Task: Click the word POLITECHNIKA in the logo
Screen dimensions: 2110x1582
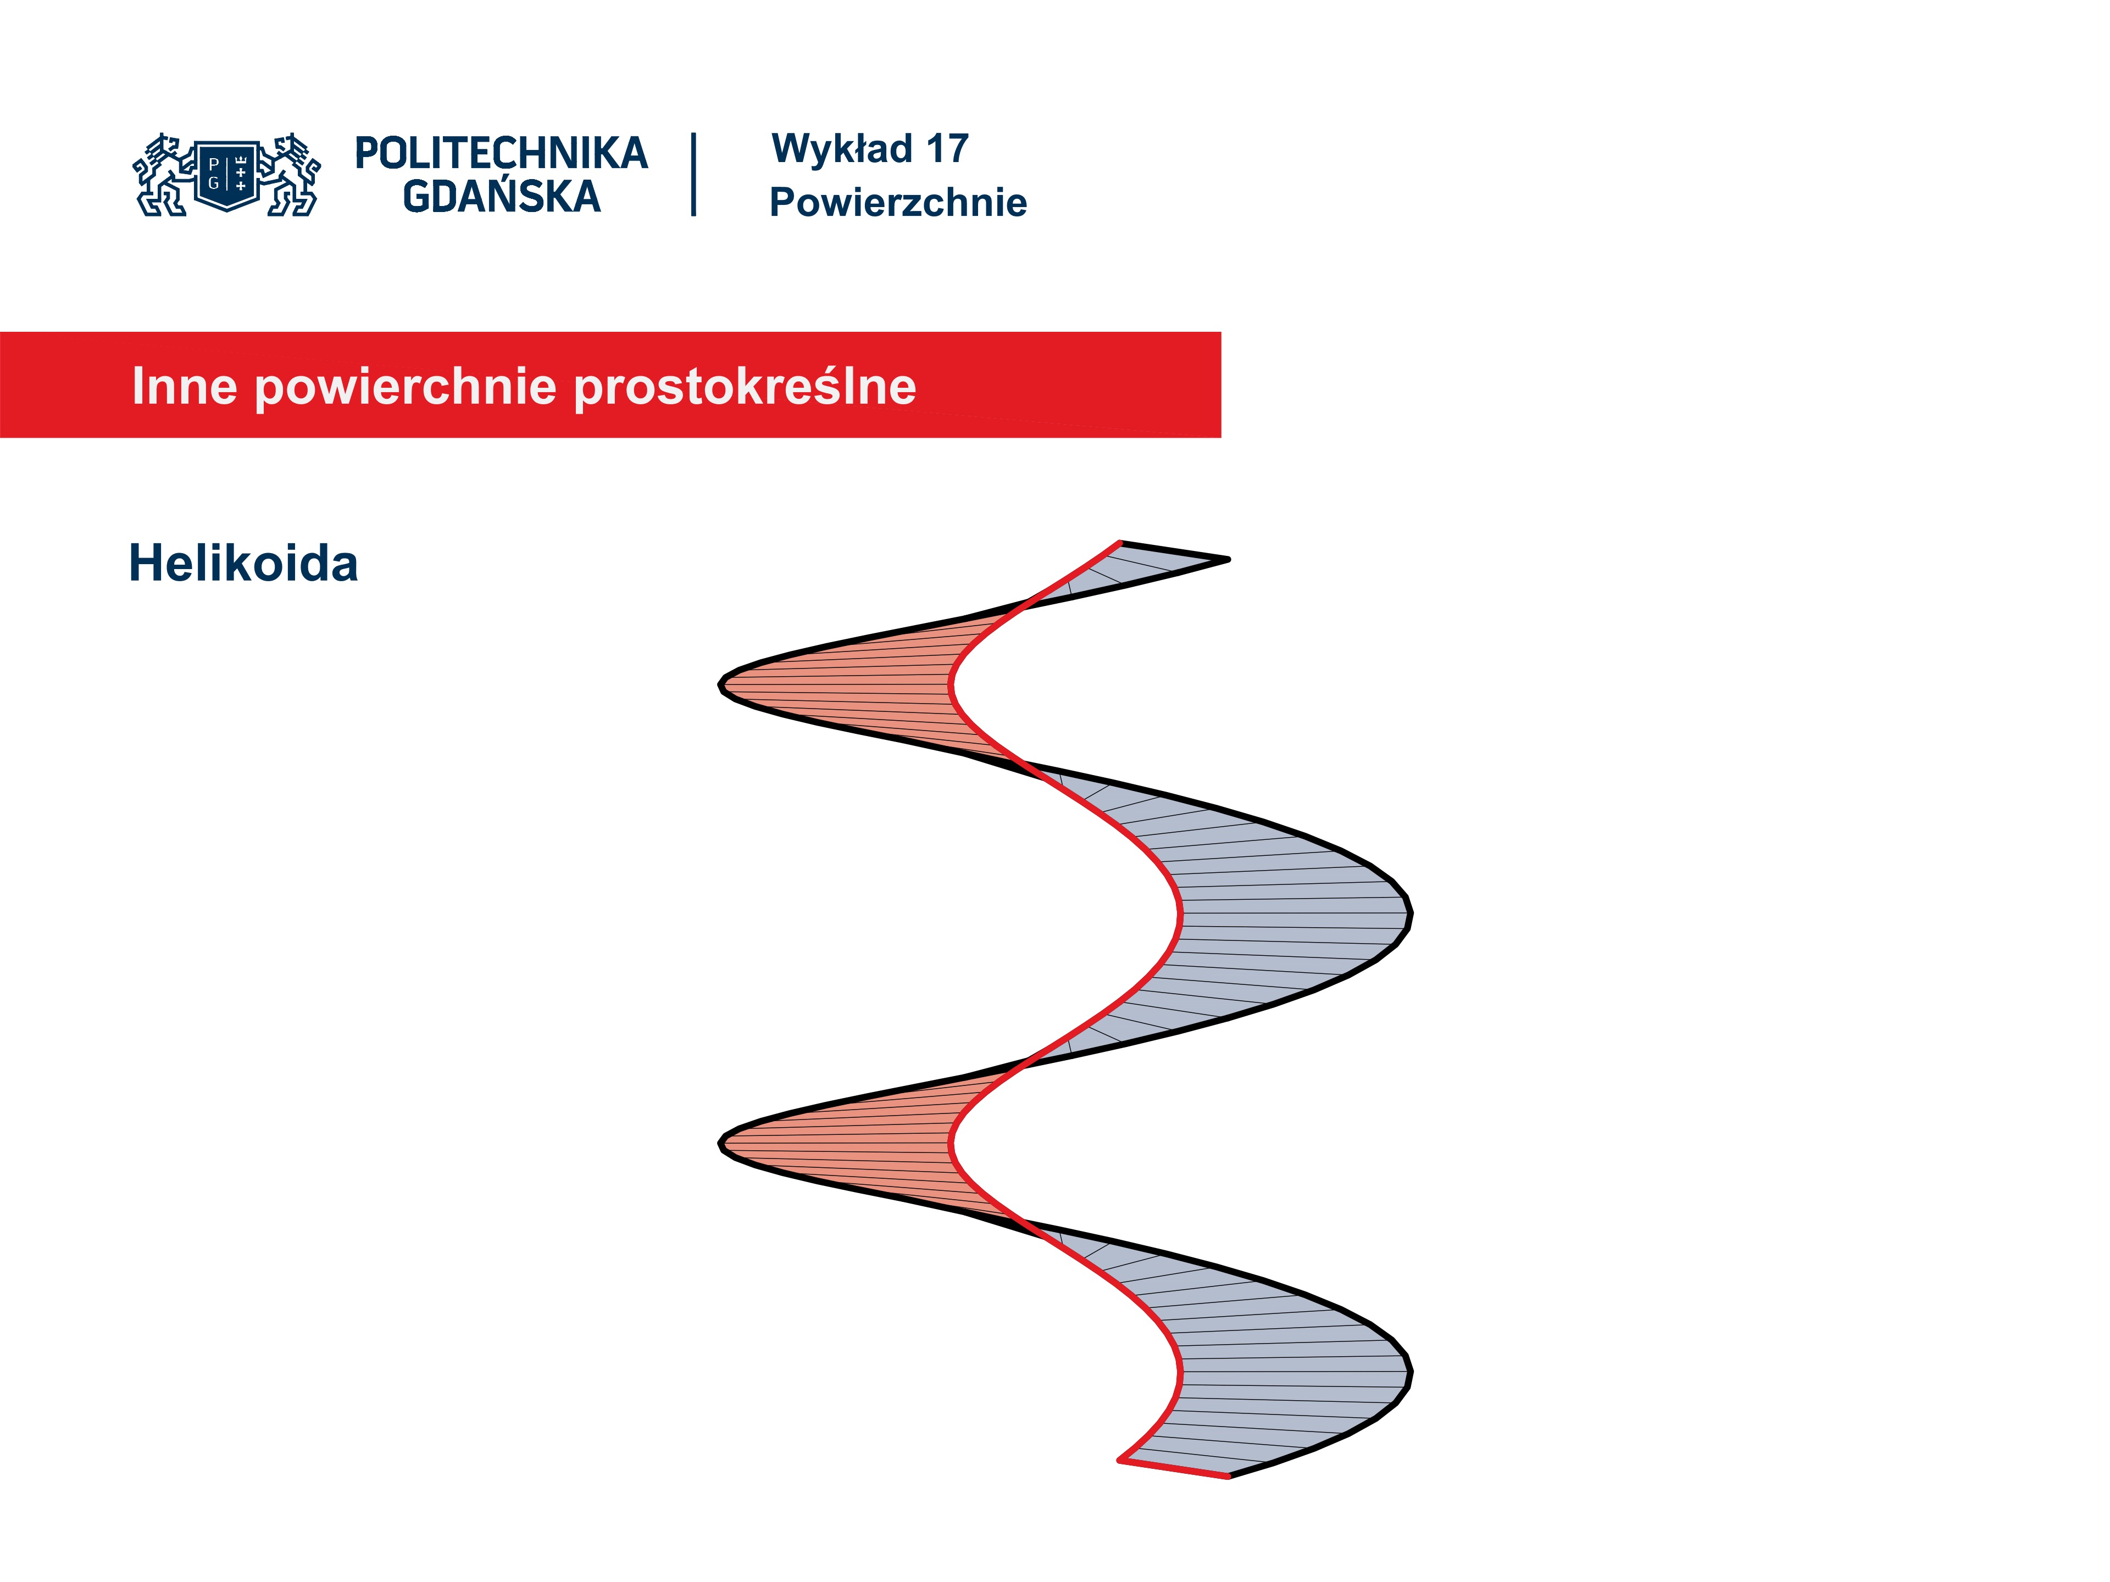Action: click(x=501, y=153)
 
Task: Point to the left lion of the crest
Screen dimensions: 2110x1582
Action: click(x=164, y=175)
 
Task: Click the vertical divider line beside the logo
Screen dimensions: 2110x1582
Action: click(x=693, y=175)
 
